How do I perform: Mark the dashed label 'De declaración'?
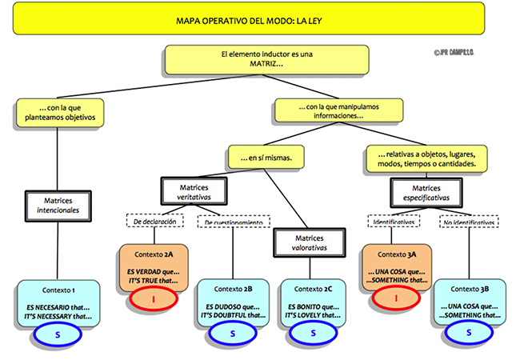(154, 221)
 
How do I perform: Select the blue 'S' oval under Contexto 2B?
(232, 331)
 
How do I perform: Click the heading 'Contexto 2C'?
(310, 289)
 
